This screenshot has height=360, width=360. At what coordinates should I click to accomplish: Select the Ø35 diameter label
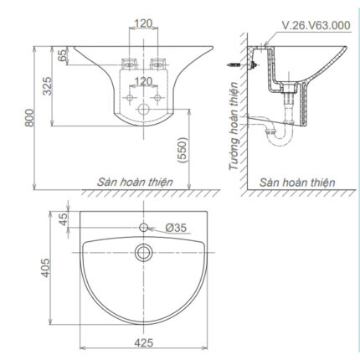coord(174,228)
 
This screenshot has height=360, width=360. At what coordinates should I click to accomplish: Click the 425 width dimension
coord(142,342)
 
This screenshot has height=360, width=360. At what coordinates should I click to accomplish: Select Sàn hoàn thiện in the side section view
coord(296,182)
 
